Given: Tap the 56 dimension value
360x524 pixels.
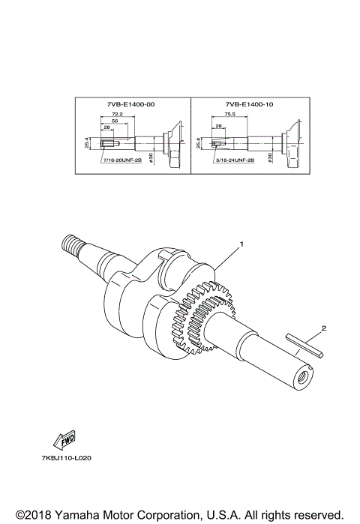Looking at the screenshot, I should [115, 120].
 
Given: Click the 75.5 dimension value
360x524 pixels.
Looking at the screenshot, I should [230, 115].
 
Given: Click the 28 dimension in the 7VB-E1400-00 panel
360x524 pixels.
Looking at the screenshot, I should [107, 128].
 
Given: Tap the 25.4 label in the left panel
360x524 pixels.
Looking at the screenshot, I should [87, 142].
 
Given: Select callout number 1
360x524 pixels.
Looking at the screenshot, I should [241, 244].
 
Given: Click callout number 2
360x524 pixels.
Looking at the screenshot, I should [323, 328].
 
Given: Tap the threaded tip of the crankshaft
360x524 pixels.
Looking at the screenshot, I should [73, 244].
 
